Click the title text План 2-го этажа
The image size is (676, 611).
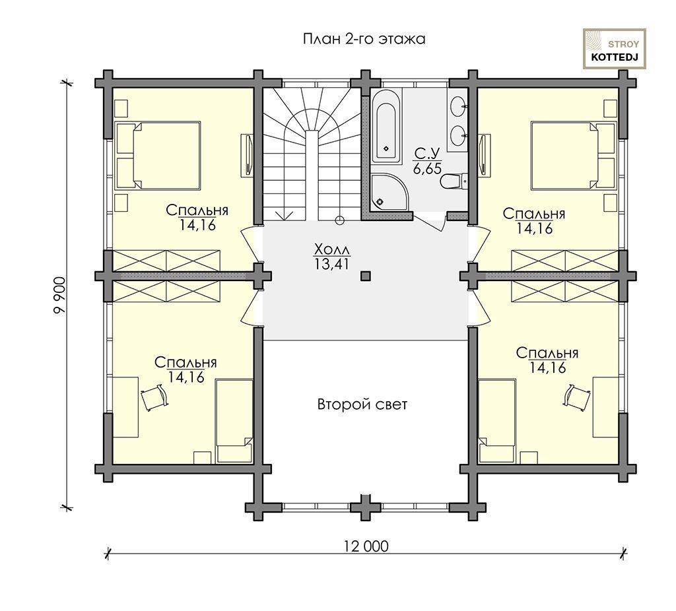(364, 39)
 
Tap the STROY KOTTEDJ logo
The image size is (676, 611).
(615, 49)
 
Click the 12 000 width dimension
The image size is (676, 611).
(366, 546)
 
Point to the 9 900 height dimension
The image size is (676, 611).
(60, 295)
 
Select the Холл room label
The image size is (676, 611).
(332, 249)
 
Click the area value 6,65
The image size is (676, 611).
(427, 168)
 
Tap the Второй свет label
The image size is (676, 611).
(362, 404)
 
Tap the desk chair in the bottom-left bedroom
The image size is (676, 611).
(154, 397)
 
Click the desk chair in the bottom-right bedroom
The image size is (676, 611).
(577, 395)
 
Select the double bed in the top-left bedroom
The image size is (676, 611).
(158, 156)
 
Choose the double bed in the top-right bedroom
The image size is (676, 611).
(574, 156)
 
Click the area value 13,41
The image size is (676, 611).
(331, 264)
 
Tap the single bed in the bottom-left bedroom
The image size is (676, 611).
(234, 422)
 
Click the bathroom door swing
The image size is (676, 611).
(428, 222)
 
